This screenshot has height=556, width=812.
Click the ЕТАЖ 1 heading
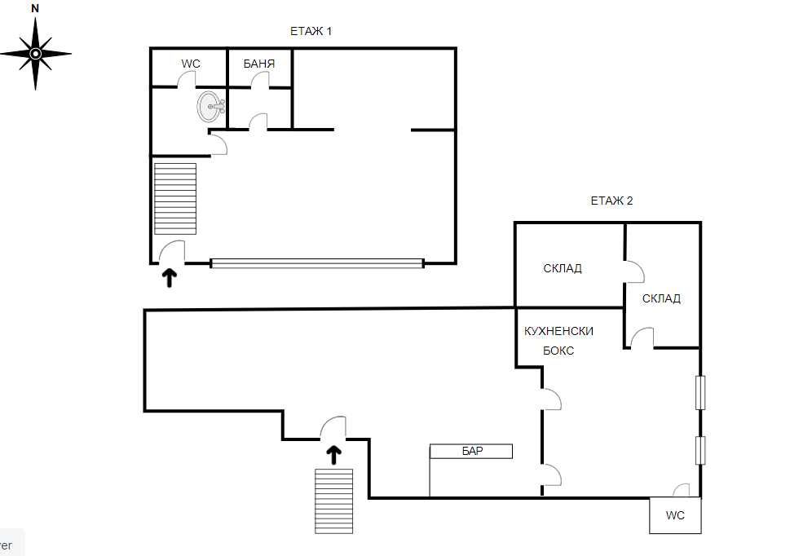click(311, 32)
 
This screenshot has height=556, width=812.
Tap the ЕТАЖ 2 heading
click(611, 201)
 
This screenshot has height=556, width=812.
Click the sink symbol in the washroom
click(210, 106)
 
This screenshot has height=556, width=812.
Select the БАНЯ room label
click(258, 63)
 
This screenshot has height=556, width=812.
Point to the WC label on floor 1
click(191, 63)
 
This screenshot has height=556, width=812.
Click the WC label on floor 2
click(675, 515)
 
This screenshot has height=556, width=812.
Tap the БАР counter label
click(472, 451)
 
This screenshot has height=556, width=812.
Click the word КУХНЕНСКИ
click(559, 331)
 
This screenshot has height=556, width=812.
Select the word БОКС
click(558, 351)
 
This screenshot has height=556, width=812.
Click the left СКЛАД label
click(563, 268)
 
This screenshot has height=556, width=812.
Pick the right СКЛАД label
click(661, 298)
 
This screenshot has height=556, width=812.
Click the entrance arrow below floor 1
click(170, 279)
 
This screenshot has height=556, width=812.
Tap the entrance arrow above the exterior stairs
click(333, 455)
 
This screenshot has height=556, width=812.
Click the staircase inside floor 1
click(175, 198)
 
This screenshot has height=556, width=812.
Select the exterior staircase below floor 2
click(334, 501)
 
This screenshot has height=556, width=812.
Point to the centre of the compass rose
click(35, 54)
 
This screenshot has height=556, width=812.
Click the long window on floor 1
click(316, 263)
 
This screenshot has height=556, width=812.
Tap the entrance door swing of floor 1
click(171, 252)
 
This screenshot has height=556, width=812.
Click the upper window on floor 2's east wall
click(699, 392)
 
